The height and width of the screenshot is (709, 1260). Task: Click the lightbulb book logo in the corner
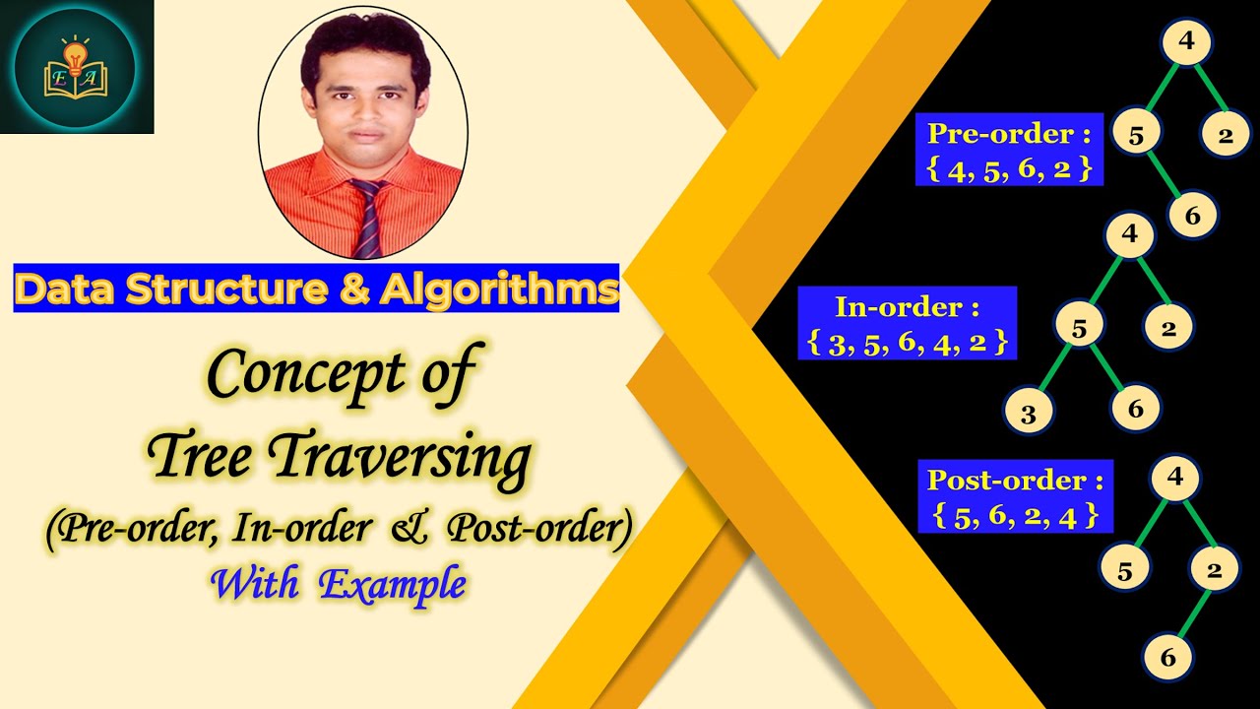tap(75, 67)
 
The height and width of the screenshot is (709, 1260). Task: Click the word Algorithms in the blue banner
tap(499, 289)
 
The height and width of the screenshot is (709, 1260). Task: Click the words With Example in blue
tap(338, 584)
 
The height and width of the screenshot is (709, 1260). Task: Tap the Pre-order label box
tap(1010, 151)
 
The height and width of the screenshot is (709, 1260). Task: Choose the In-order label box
tap(907, 323)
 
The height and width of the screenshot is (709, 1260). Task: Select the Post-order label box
tap(1015, 496)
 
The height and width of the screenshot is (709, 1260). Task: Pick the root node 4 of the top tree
tap(1187, 41)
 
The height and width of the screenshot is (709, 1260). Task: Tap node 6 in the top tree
tap(1193, 216)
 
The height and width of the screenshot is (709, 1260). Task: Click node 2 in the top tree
tap(1226, 136)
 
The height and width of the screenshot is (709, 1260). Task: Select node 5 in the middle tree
tap(1079, 328)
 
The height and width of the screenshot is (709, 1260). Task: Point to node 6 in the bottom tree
tap(1168, 658)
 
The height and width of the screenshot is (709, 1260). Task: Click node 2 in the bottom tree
tap(1214, 569)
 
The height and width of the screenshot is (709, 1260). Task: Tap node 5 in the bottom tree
tap(1124, 569)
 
